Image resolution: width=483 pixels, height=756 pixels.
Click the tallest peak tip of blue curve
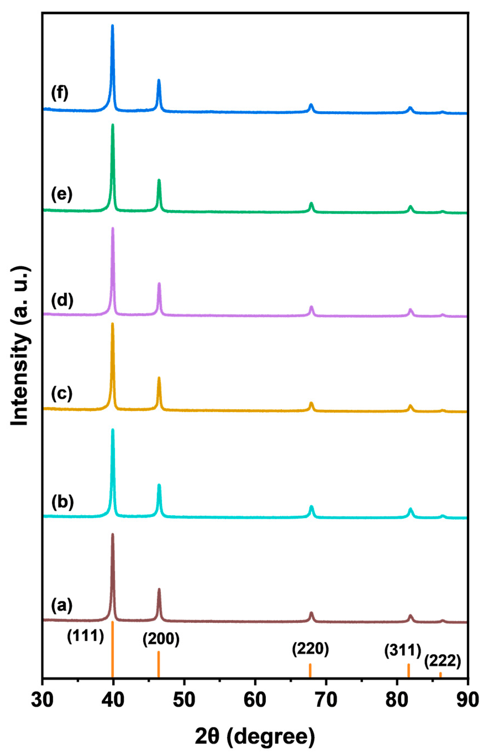pos(112,26)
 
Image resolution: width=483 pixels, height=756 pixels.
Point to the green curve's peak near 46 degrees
pos(159,180)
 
